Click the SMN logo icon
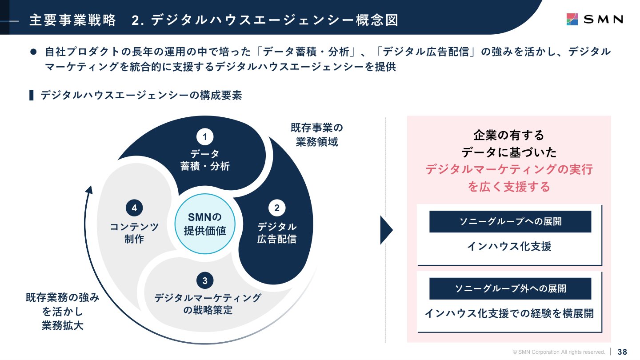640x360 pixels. (572, 19)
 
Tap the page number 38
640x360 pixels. (622, 352)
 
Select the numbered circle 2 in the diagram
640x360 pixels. (277, 208)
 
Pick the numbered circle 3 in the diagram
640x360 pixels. (205, 280)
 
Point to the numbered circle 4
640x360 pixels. (134, 208)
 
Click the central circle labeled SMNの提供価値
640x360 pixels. (205, 224)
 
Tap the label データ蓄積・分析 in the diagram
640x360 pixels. (205, 160)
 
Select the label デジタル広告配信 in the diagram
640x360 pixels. (277, 233)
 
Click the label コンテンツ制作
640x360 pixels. (134, 233)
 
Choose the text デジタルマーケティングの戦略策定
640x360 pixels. (208, 304)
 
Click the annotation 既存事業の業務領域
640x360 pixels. (317, 135)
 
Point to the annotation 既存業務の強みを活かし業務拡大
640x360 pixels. (62, 311)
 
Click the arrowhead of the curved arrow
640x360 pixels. (89, 190)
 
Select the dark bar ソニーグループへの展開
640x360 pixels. (510, 221)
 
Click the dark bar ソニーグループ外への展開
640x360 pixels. (510, 288)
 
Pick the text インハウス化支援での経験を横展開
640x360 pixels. (509, 313)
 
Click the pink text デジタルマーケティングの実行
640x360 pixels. (509, 169)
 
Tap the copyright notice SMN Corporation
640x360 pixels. (559, 352)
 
